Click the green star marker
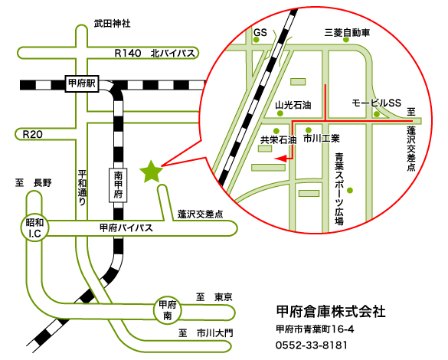coord(151,172)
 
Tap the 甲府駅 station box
coord(82,83)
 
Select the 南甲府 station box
coord(118,185)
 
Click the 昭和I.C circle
coord(35,227)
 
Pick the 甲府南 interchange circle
coord(168,310)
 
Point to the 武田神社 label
coord(113,23)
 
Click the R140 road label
coord(128,53)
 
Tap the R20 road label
coord(33,134)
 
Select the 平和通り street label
coord(82,187)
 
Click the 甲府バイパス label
coord(126,227)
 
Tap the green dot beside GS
coord(257,40)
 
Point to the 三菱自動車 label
coord(347,33)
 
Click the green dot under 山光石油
coord(280,113)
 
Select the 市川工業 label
coord(322,139)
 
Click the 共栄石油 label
coord(279,139)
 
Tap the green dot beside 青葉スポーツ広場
coord(350,190)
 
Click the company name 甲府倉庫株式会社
coord(331,311)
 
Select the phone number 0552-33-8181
coord(312,345)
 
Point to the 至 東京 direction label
coord(214,297)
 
